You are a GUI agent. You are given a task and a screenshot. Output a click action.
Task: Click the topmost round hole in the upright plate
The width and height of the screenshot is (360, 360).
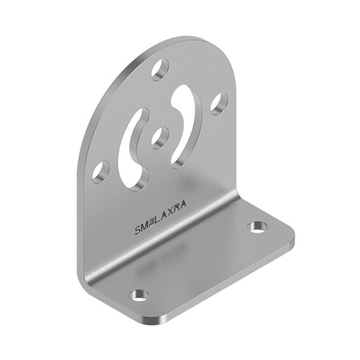[x=160, y=70]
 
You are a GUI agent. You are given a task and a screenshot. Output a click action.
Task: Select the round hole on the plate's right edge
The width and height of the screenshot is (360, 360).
[x=218, y=103]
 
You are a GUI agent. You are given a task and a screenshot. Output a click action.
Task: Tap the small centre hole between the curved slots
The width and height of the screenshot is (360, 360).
[x=160, y=137]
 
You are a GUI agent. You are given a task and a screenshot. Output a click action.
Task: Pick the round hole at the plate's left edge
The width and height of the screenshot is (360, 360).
[x=100, y=172]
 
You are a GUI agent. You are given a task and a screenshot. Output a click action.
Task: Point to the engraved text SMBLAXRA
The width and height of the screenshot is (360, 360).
[x=160, y=217]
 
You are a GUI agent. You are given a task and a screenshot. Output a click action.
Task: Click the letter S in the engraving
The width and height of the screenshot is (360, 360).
[x=138, y=230]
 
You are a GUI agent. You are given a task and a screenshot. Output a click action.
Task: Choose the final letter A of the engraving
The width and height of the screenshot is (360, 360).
[x=182, y=205]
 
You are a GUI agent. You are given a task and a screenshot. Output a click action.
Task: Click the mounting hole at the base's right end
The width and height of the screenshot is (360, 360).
[x=257, y=227]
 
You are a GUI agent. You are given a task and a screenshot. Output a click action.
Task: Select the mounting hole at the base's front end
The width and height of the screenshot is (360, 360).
[x=139, y=295]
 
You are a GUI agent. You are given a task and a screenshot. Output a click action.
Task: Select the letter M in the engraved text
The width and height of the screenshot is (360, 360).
[x=144, y=226]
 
